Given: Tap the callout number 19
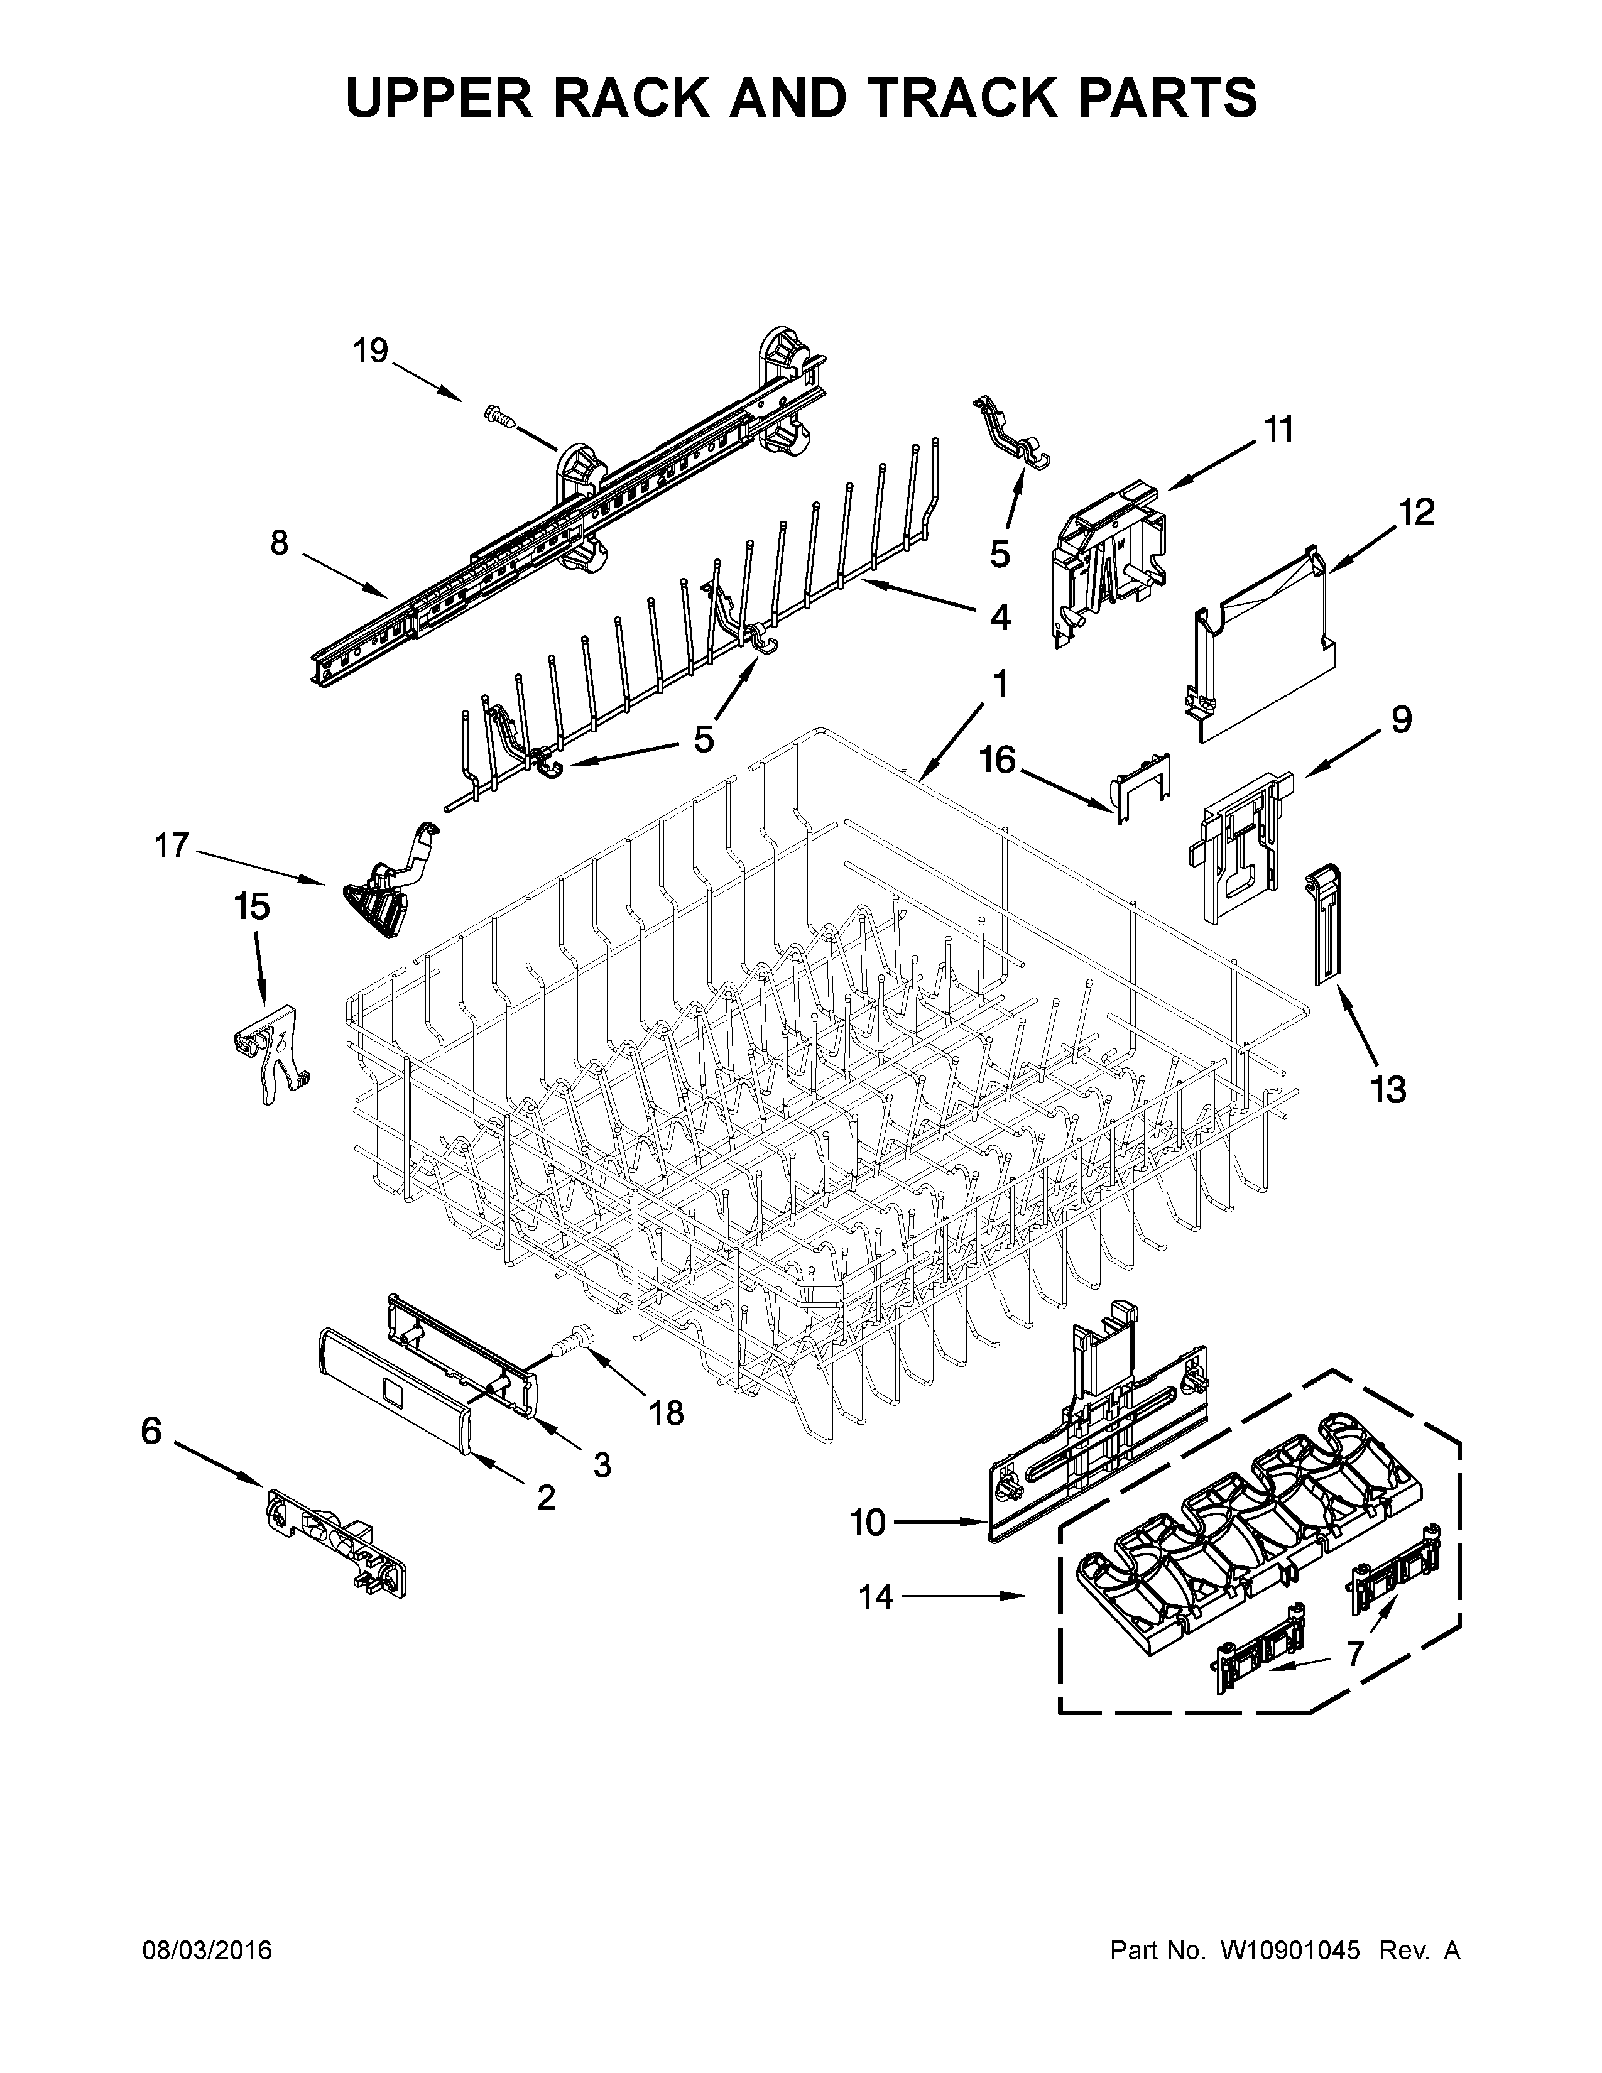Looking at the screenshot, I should click(371, 351).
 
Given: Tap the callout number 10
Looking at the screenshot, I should click(868, 1523).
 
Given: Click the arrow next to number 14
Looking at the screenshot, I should click(964, 1596).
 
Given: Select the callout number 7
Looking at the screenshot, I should click(1355, 1653).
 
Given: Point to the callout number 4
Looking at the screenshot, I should click(1000, 618).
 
